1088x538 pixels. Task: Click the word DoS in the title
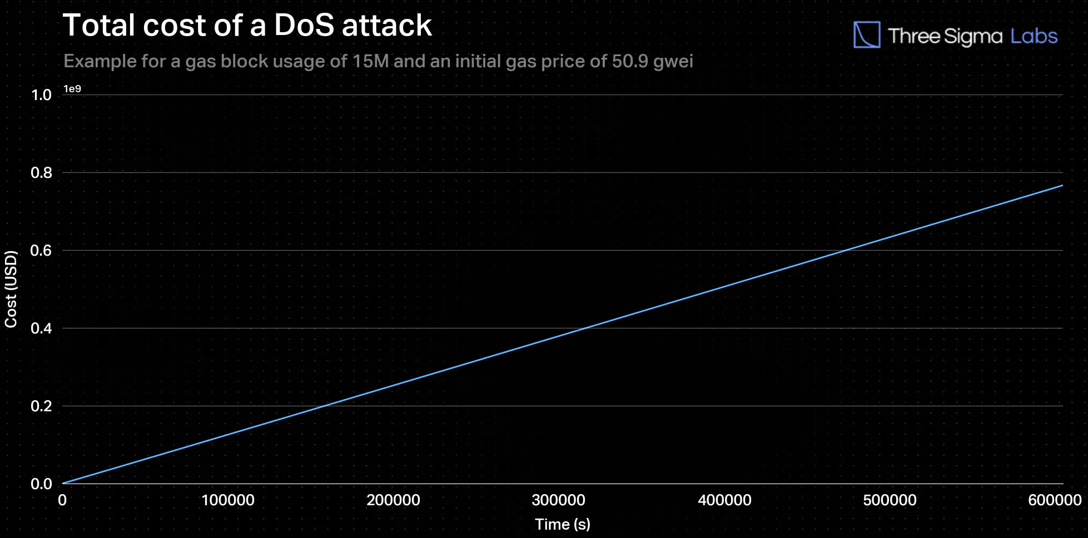point(304,26)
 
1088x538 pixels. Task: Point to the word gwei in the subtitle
point(673,61)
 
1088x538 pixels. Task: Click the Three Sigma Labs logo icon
point(866,35)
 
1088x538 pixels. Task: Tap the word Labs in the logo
point(1034,36)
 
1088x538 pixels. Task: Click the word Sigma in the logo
point(973,37)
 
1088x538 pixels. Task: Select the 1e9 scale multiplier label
point(72,89)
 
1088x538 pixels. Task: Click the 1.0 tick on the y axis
point(41,95)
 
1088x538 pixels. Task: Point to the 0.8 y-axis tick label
point(41,173)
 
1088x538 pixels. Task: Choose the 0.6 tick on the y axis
point(41,251)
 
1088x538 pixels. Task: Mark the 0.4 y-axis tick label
point(41,328)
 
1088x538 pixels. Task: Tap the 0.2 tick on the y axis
point(41,406)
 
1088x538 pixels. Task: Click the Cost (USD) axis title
point(11,289)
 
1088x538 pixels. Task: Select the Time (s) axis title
point(563,524)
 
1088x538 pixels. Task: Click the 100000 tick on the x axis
point(228,500)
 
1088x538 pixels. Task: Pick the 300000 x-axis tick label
point(558,500)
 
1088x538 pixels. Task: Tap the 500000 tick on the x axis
point(890,500)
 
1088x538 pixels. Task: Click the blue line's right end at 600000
point(1061,186)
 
